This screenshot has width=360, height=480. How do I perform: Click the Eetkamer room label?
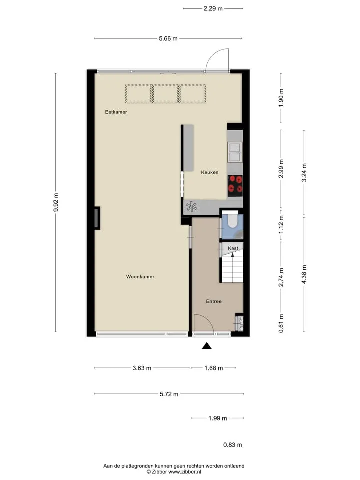click(116, 112)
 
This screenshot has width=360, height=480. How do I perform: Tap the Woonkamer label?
click(140, 276)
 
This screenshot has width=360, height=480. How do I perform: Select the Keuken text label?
click(210, 172)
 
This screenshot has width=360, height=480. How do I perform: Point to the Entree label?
click(214, 301)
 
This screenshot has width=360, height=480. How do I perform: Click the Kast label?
click(233, 248)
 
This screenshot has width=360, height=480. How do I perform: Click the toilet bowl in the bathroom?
click(232, 221)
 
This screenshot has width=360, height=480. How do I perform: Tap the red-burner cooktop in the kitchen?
click(235, 186)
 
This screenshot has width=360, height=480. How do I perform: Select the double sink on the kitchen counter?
click(235, 152)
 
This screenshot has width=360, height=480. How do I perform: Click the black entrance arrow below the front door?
click(207, 346)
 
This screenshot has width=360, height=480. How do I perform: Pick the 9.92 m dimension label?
click(55, 202)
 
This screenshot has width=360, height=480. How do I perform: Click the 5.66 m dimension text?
click(168, 38)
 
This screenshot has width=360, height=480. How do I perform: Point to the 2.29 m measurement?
click(213, 8)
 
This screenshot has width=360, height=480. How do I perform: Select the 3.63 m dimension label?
click(142, 368)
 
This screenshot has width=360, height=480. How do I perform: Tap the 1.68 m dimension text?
click(214, 368)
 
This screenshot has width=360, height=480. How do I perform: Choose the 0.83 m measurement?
click(232, 445)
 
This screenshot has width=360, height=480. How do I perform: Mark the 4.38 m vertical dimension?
click(304, 274)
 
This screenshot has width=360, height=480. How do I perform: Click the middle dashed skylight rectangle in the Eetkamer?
click(165, 94)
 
